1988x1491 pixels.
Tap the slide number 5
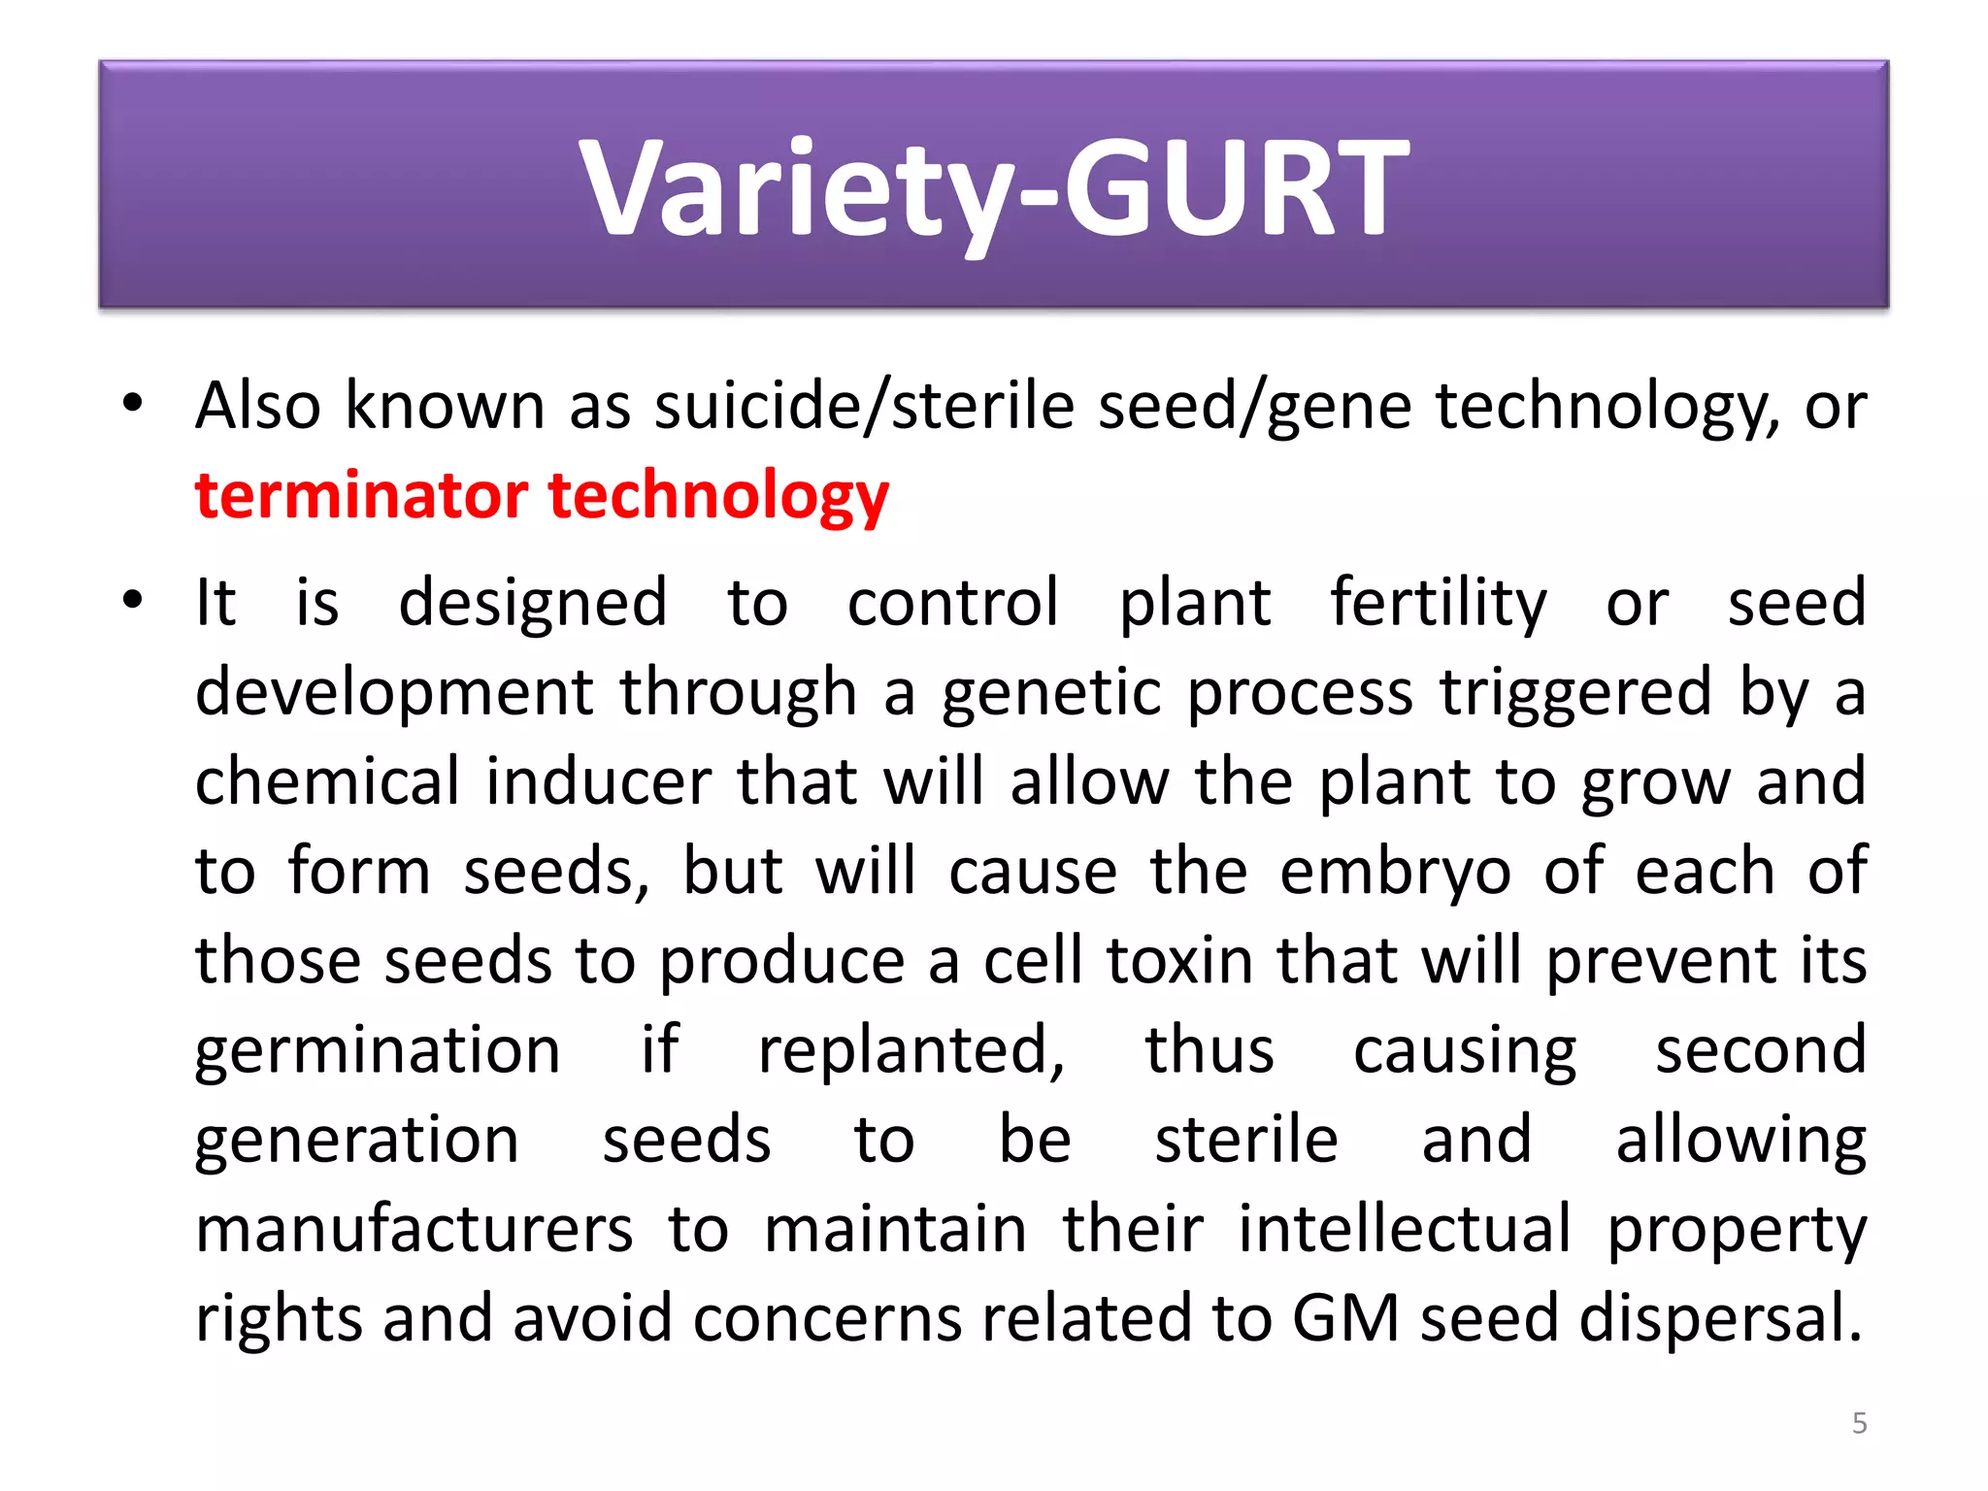pos(1859,1423)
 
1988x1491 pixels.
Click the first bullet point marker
pos(133,403)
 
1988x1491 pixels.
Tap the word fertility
pos(1438,604)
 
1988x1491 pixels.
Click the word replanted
pos(911,1051)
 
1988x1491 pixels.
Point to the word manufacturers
pos(414,1229)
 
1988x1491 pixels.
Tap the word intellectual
pos(1405,1229)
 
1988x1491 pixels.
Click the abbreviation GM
pos(1345,1318)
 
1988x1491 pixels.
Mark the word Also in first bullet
pos(258,406)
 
